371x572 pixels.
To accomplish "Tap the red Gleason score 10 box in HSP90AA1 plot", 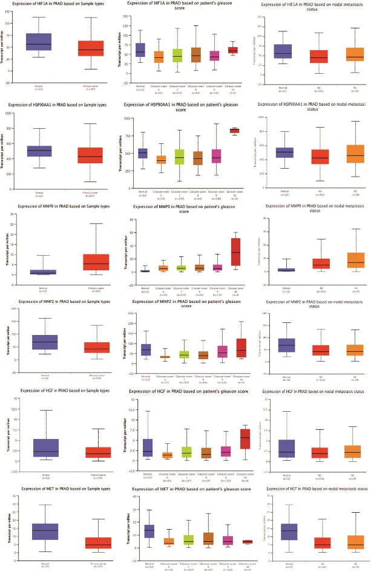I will pos(234,131).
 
